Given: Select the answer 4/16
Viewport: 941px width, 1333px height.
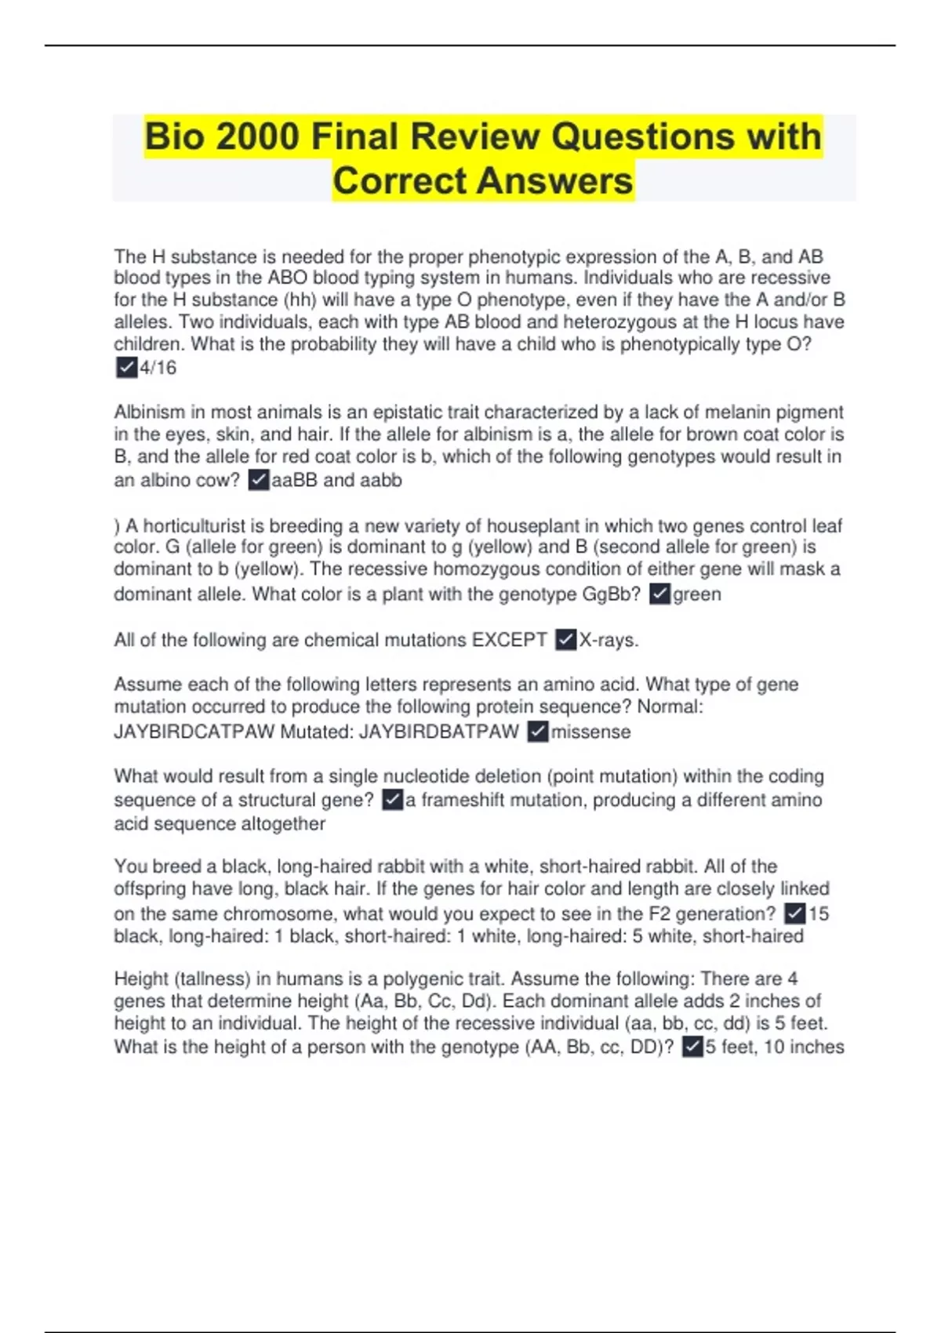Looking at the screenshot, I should point(158,368).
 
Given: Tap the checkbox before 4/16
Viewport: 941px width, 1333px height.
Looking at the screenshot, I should point(126,367).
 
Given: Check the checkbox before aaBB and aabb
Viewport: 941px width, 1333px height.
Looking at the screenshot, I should point(259,480).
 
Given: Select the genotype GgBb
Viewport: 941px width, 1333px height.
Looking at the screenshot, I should point(611,594).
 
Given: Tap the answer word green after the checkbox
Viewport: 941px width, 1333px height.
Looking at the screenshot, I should point(697,594).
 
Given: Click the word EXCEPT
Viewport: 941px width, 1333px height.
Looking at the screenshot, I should point(509,640).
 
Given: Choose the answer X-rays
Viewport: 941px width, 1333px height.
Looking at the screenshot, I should point(609,640).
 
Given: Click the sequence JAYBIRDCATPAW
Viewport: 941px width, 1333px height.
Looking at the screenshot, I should point(194,732).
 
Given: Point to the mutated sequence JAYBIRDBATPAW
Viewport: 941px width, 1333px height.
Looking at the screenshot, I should point(438,732).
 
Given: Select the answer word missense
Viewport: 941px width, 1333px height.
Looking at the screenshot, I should point(590,732).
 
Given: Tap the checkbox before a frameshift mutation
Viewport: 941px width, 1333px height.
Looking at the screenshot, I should point(392,800).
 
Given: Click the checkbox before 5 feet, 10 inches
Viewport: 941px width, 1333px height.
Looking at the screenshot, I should point(692,1047).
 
